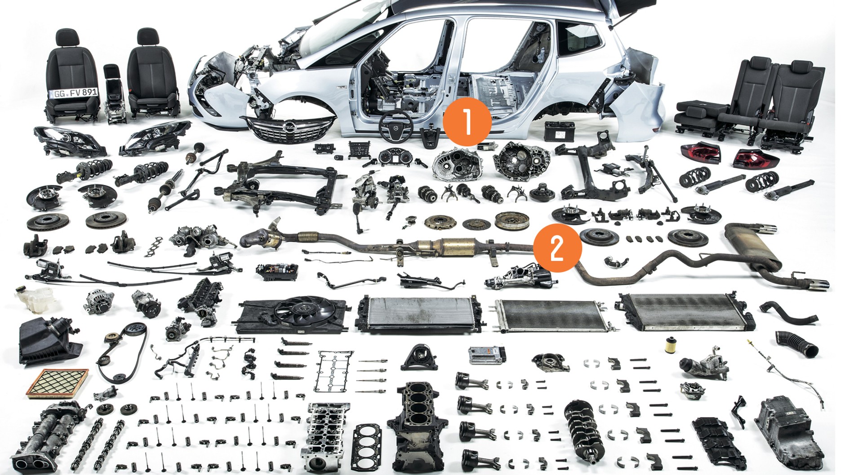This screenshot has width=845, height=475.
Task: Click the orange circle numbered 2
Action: pyautogui.click(x=557, y=248)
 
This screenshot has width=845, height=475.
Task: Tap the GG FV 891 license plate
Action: pyautogui.click(x=75, y=93)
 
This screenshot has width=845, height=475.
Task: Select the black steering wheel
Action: pyautogui.click(x=396, y=126)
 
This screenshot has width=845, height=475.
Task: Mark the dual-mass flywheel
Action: pyautogui.click(x=511, y=220)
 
